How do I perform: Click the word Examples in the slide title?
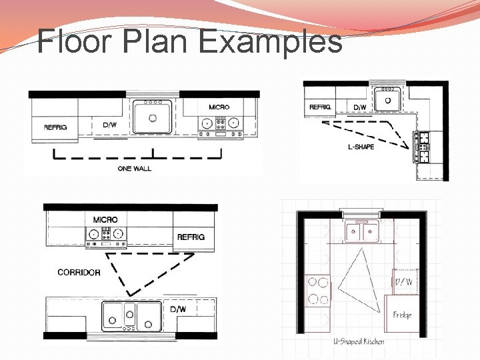[x=271, y=42]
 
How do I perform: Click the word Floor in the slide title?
[x=74, y=41]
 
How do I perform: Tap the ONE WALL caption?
[x=135, y=169]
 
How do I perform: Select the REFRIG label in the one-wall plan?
[x=55, y=127]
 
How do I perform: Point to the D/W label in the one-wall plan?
[x=109, y=125]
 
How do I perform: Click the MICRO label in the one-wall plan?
[x=219, y=107]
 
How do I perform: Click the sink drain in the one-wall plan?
[x=153, y=118]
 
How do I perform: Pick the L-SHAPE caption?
[x=361, y=147]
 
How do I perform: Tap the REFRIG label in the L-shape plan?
[x=320, y=107]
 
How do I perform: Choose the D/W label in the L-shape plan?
[x=360, y=107]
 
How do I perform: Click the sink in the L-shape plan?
[x=387, y=99]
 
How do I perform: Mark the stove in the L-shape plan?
[x=421, y=147]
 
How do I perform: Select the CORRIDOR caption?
[x=79, y=273]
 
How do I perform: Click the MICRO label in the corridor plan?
[x=105, y=220]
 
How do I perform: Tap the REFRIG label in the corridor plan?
[x=191, y=237]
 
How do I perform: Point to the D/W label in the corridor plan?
[x=178, y=309]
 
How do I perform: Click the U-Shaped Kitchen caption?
[x=359, y=341]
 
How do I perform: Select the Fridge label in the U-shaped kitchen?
[x=402, y=315]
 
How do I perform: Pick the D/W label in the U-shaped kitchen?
[x=404, y=281]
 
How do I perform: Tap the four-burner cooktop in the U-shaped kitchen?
[x=318, y=291]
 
